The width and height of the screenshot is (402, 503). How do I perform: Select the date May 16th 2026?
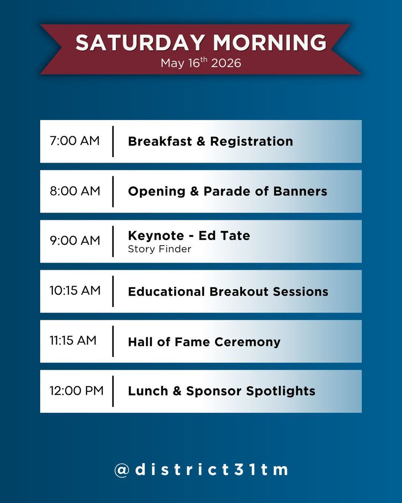pyautogui.click(x=201, y=63)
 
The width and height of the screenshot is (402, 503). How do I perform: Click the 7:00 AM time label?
pyautogui.click(x=75, y=141)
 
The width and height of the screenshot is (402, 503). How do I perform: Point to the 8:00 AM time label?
pyautogui.click(x=75, y=191)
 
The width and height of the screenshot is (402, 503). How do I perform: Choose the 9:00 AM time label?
pyautogui.click(x=75, y=241)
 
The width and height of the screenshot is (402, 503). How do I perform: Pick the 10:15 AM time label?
pyautogui.click(x=75, y=291)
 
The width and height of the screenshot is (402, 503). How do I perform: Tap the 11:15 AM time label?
pyautogui.click(x=73, y=341)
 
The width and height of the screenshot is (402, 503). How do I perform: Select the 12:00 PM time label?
pyautogui.click(x=76, y=391)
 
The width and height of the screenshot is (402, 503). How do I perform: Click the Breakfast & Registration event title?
pyautogui.click(x=210, y=141)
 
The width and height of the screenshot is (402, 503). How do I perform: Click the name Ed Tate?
pyautogui.click(x=224, y=236)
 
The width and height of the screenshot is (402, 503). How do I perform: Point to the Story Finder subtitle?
pyautogui.click(x=160, y=249)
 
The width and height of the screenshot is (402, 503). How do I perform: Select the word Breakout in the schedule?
pyautogui.click(x=240, y=291)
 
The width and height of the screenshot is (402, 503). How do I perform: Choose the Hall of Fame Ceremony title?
pyautogui.click(x=204, y=342)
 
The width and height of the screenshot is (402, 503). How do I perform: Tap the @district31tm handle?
pyautogui.click(x=201, y=469)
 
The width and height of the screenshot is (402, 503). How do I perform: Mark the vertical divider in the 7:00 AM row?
pyautogui.click(x=113, y=141)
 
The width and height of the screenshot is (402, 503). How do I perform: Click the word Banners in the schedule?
pyautogui.click(x=300, y=192)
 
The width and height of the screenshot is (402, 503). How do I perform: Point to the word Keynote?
pyautogui.click(x=156, y=236)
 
